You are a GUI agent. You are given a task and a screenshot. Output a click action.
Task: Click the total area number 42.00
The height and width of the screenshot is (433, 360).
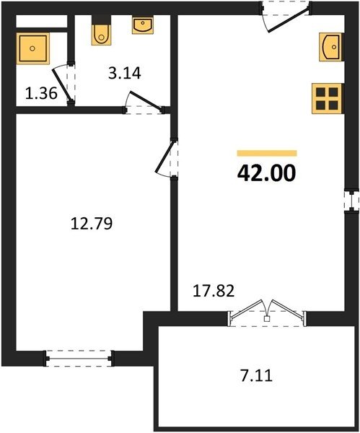(x=266, y=173)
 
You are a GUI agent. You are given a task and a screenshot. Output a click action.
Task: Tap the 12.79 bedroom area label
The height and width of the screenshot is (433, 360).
(x=92, y=224)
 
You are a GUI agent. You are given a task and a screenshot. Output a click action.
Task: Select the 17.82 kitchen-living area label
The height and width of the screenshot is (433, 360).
(x=214, y=291)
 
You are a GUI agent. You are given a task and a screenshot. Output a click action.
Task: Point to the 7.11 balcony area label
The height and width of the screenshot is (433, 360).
(x=257, y=376)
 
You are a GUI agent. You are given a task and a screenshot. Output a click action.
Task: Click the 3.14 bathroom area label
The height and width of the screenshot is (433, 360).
(x=125, y=74)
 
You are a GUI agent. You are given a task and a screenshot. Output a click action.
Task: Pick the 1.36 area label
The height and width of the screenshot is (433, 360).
(x=41, y=93)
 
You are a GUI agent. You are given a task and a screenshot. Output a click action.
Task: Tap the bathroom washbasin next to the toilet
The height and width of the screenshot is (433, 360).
(x=143, y=26)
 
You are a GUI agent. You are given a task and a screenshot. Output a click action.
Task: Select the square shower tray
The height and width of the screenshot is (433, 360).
(x=32, y=48)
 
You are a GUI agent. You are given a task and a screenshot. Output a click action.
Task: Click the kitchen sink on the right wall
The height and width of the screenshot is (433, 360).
(x=331, y=47)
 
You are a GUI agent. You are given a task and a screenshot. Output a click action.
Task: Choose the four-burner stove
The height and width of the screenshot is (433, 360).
(x=328, y=99)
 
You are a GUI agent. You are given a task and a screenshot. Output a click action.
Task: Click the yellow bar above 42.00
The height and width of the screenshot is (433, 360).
(x=267, y=153)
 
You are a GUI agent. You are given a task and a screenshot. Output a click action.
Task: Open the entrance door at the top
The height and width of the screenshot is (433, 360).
(x=286, y=17)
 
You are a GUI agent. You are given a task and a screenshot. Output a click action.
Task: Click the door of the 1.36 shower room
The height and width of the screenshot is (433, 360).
(x=64, y=84)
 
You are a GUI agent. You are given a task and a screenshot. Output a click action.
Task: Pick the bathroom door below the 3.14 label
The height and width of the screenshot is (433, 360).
(x=144, y=103)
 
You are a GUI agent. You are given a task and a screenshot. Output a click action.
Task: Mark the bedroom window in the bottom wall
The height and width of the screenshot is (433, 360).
(x=79, y=359)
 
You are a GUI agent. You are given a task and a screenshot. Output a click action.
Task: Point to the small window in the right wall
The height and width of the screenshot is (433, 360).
(x=352, y=201)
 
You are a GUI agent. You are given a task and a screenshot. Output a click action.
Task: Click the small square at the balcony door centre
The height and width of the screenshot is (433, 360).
(x=266, y=318)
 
